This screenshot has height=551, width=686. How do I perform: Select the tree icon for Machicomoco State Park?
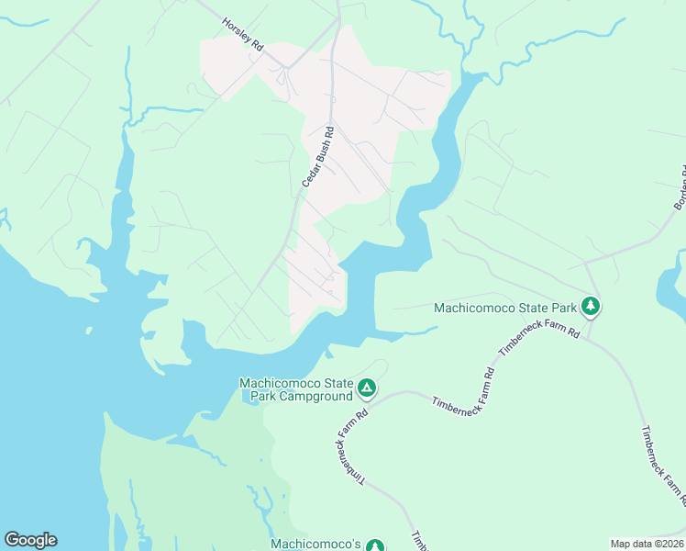click(x=592, y=306)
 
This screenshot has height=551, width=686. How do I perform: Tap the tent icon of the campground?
click(x=367, y=388)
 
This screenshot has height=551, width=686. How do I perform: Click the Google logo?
click(x=30, y=540)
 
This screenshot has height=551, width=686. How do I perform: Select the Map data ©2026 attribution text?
click(x=646, y=544)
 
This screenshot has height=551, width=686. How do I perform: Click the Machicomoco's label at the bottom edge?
click(x=315, y=544)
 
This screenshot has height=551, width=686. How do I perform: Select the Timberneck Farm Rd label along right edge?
click(x=663, y=467)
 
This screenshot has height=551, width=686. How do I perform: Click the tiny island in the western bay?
click(x=89, y=329)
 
